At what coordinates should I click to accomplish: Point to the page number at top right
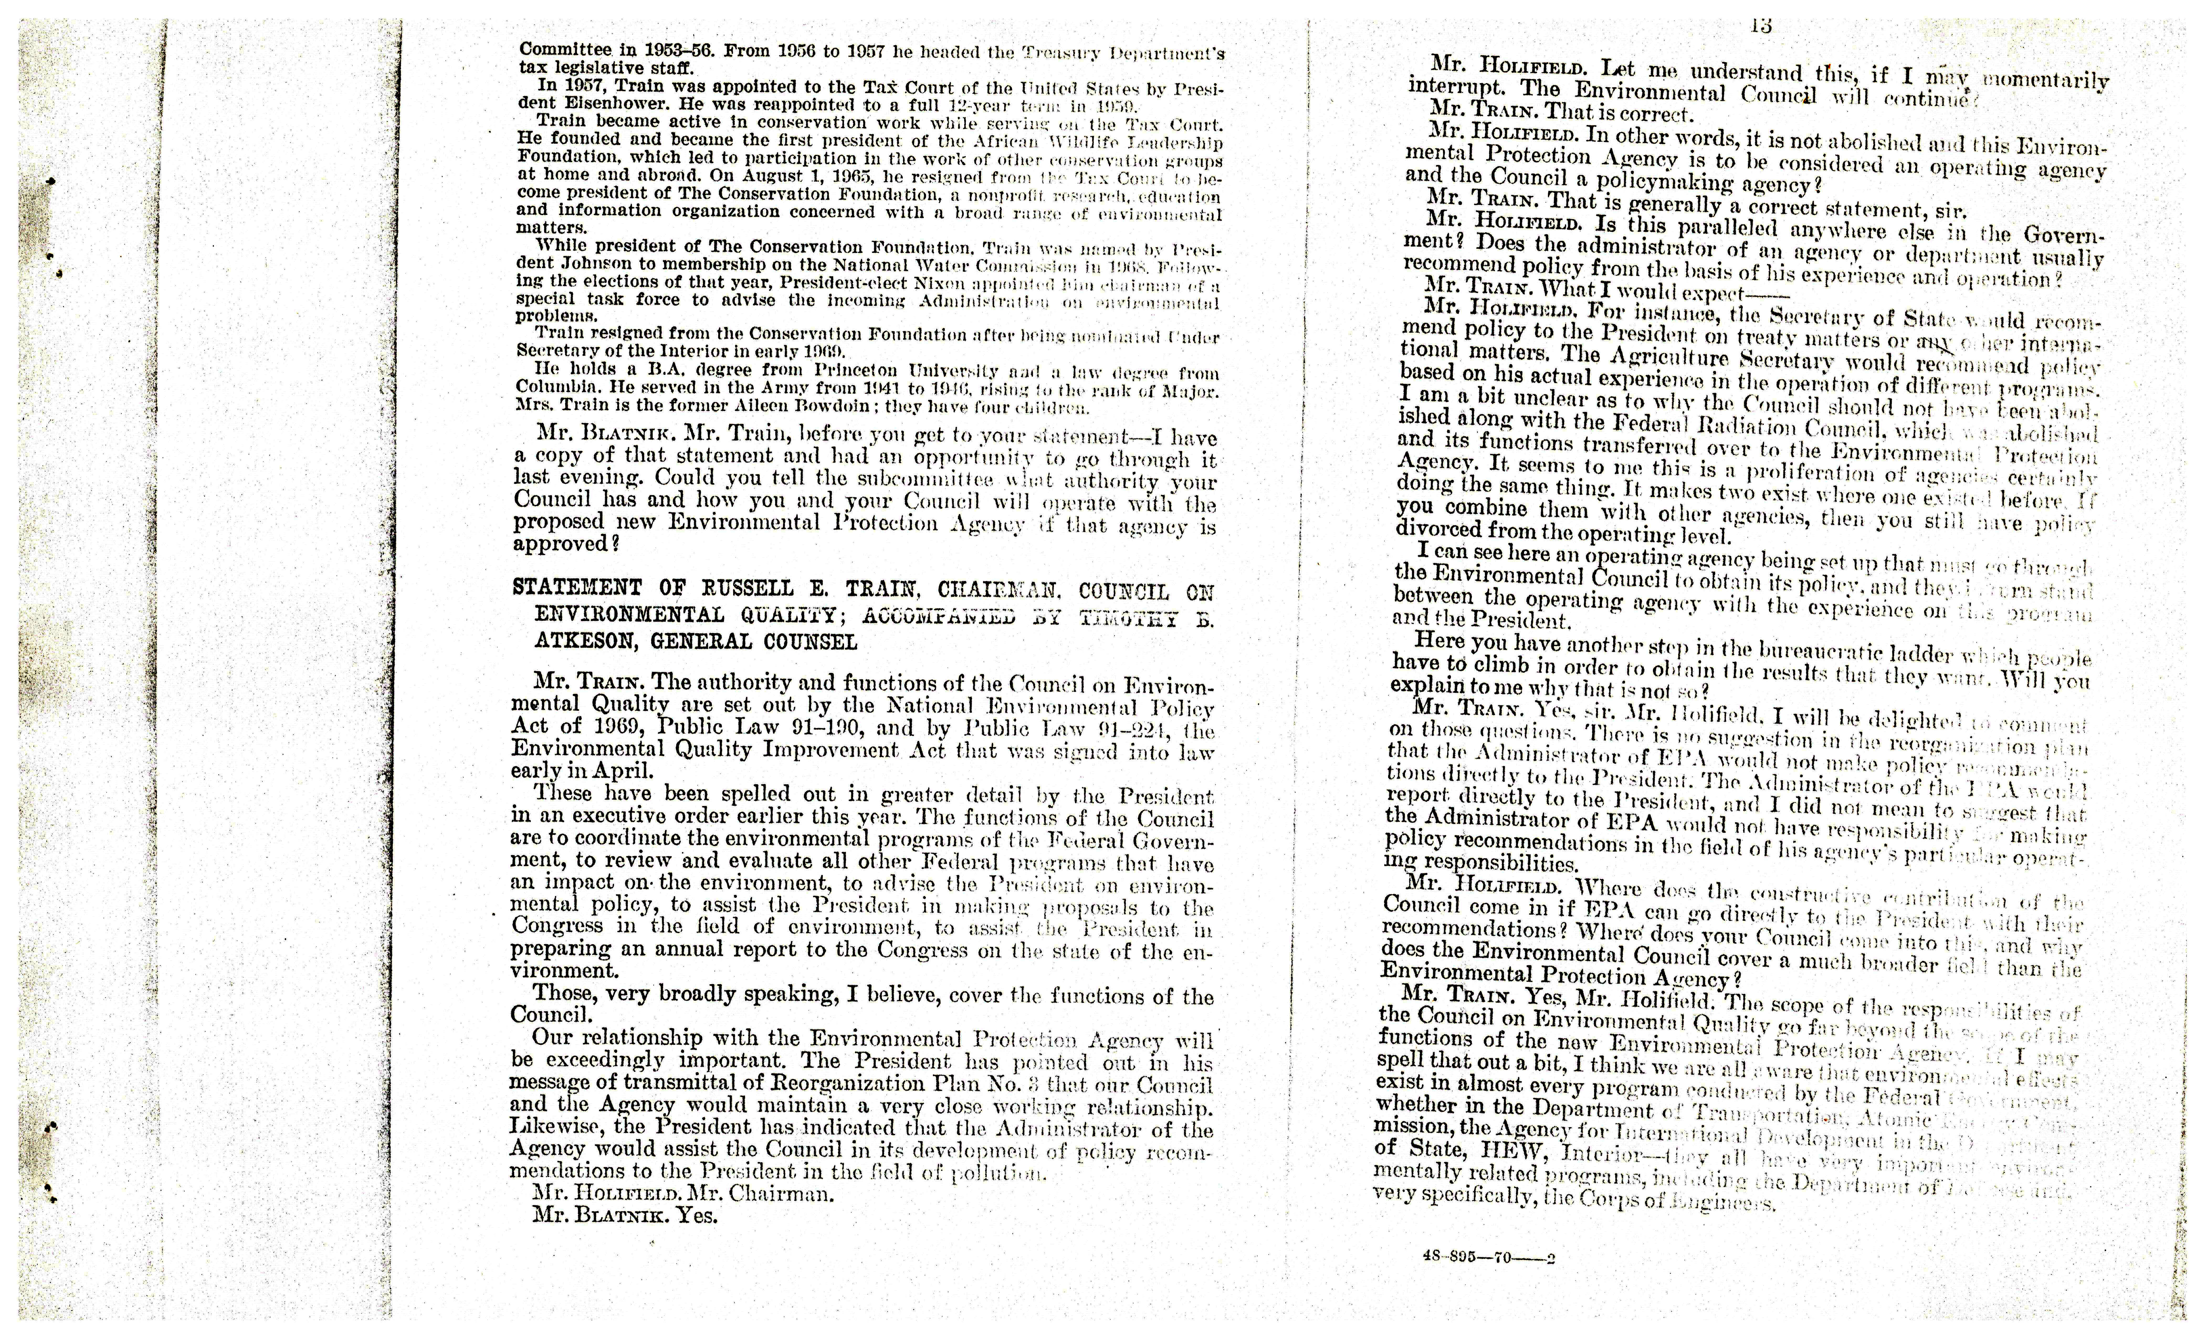coord(1761,26)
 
